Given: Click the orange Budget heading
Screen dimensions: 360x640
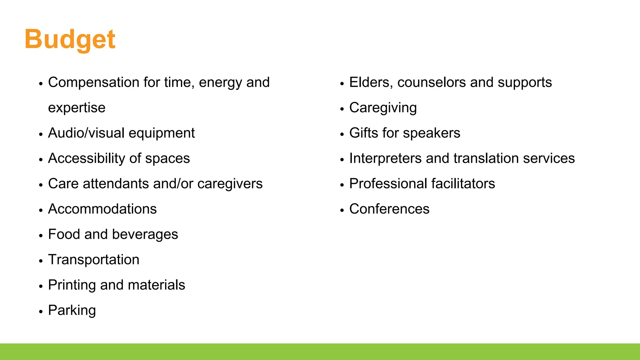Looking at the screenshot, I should click(70, 39).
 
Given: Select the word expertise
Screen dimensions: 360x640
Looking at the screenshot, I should click(77, 108).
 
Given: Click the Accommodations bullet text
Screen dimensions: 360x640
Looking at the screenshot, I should click(102, 209).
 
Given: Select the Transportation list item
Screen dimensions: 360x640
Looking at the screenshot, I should click(93, 260).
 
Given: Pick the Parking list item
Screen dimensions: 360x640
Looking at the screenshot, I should click(72, 311).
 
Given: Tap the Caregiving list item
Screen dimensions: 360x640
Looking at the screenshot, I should click(383, 108).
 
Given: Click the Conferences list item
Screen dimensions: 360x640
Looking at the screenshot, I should click(389, 209).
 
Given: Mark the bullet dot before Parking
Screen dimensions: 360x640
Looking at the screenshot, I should click(41, 312).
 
